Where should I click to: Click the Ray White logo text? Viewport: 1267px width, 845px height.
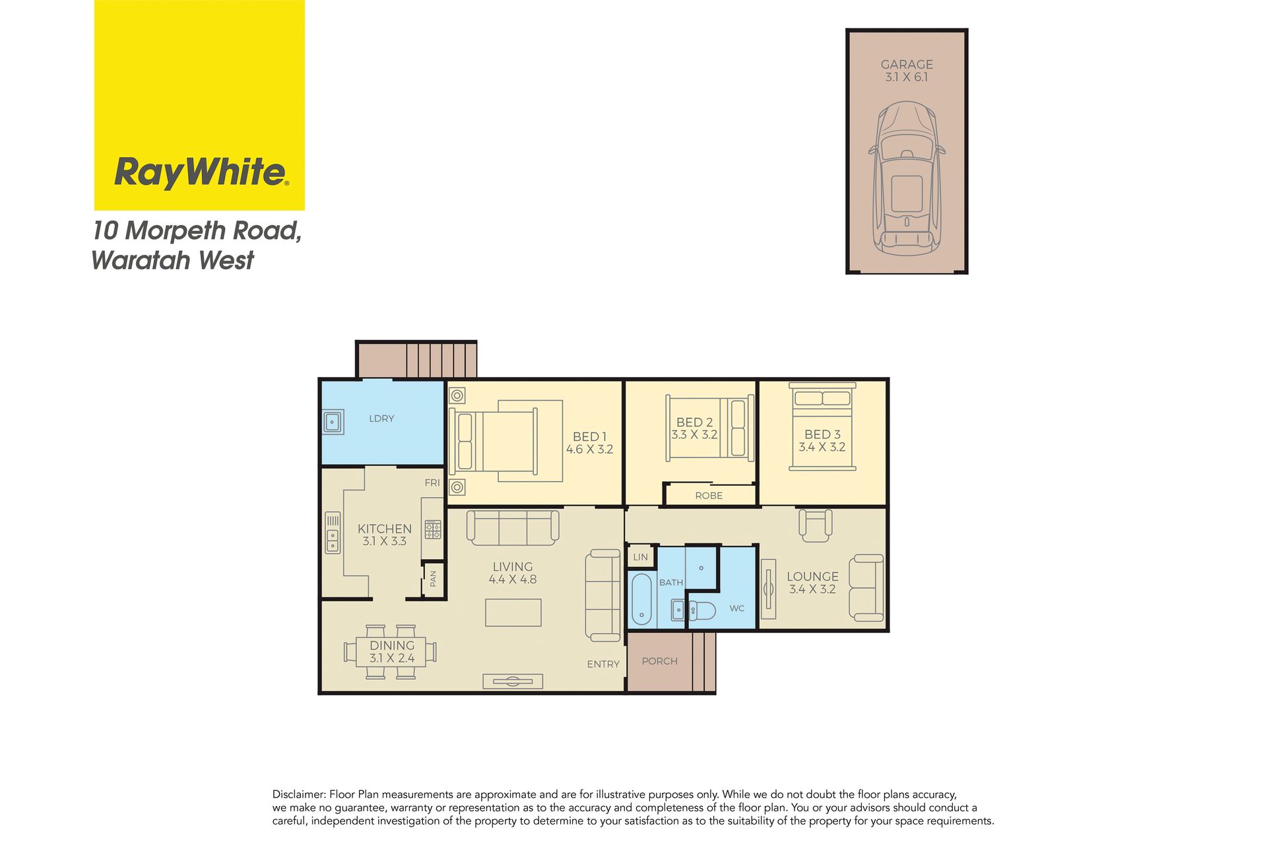pyautogui.click(x=201, y=172)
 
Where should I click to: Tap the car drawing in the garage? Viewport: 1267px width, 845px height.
pyautogui.click(x=907, y=179)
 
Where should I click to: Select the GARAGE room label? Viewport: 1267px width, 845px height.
pyautogui.click(x=907, y=64)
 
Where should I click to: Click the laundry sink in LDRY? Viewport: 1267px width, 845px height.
pyautogui.click(x=333, y=421)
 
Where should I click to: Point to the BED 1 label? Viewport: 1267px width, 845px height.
pyautogui.click(x=589, y=436)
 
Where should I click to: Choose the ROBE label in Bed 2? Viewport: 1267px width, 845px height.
pyautogui.click(x=709, y=496)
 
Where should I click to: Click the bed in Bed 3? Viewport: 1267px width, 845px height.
pyautogui.click(x=822, y=426)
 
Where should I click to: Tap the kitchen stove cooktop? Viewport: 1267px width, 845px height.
pyautogui.click(x=433, y=529)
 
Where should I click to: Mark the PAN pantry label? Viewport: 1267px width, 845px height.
pyautogui.click(x=433, y=579)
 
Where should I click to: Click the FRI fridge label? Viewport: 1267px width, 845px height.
pyautogui.click(x=432, y=483)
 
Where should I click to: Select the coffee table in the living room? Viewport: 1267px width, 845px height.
pyautogui.click(x=513, y=613)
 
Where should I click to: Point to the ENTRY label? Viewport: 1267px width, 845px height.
pyautogui.click(x=603, y=664)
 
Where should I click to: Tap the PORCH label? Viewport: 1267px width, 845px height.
pyautogui.click(x=659, y=661)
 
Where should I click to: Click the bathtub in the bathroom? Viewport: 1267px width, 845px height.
pyautogui.click(x=641, y=599)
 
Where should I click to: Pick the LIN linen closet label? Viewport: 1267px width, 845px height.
pyautogui.click(x=640, y=557)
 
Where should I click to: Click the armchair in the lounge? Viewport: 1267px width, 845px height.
pyautogui.click(x=816, y=525)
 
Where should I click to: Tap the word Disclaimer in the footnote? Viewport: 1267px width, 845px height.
pyautogui.click(x=298, y=795)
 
